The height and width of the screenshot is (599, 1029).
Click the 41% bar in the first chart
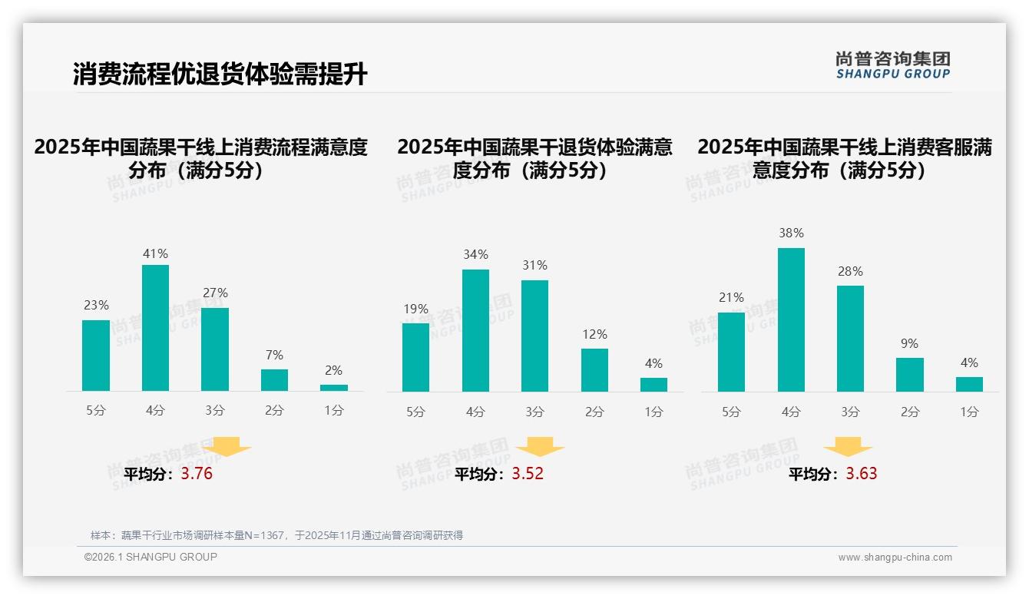coord(156,328)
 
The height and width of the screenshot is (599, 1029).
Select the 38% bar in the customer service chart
coord(791,319)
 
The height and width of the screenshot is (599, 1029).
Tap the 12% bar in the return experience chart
coord(594,370)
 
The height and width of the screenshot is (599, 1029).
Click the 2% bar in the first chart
coord(334,388)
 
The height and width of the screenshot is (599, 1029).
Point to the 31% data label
coord(534,265)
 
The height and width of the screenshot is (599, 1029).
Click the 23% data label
coord(96,305)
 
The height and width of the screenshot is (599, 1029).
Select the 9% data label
coord(909,343)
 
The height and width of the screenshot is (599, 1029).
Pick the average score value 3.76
coord(197,474)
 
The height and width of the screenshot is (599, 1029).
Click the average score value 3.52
coord(528,474)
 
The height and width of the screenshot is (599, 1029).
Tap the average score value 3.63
coord(862,474)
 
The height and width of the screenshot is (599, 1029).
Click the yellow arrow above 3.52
coord(540,447)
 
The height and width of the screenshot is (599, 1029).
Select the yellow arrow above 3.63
coord(848,447)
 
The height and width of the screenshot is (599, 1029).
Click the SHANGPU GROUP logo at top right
coord(893,65)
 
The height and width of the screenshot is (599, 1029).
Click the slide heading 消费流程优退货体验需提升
coord(220,74)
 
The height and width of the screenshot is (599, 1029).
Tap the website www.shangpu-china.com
coord(895,558)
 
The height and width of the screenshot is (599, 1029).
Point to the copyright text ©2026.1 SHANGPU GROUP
coord(151,557)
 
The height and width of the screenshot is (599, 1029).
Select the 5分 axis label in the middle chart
coord(415,412)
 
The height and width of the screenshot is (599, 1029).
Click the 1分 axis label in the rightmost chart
coord(969,412)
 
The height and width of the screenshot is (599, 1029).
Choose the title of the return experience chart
coord(534,158)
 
